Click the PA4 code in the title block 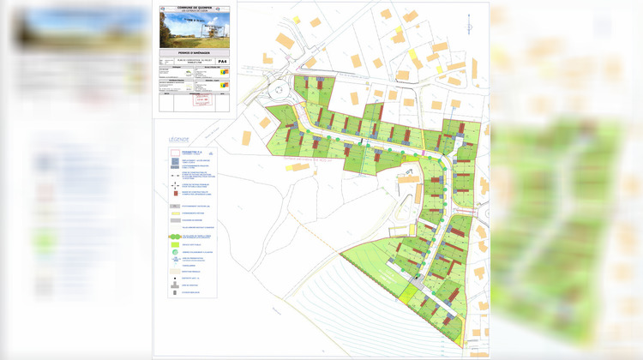click(x=222, y=62)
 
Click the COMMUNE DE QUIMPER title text click(x=195, y=5)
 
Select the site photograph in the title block click(x=195, y=29)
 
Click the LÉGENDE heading click(x=178, y=140)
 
